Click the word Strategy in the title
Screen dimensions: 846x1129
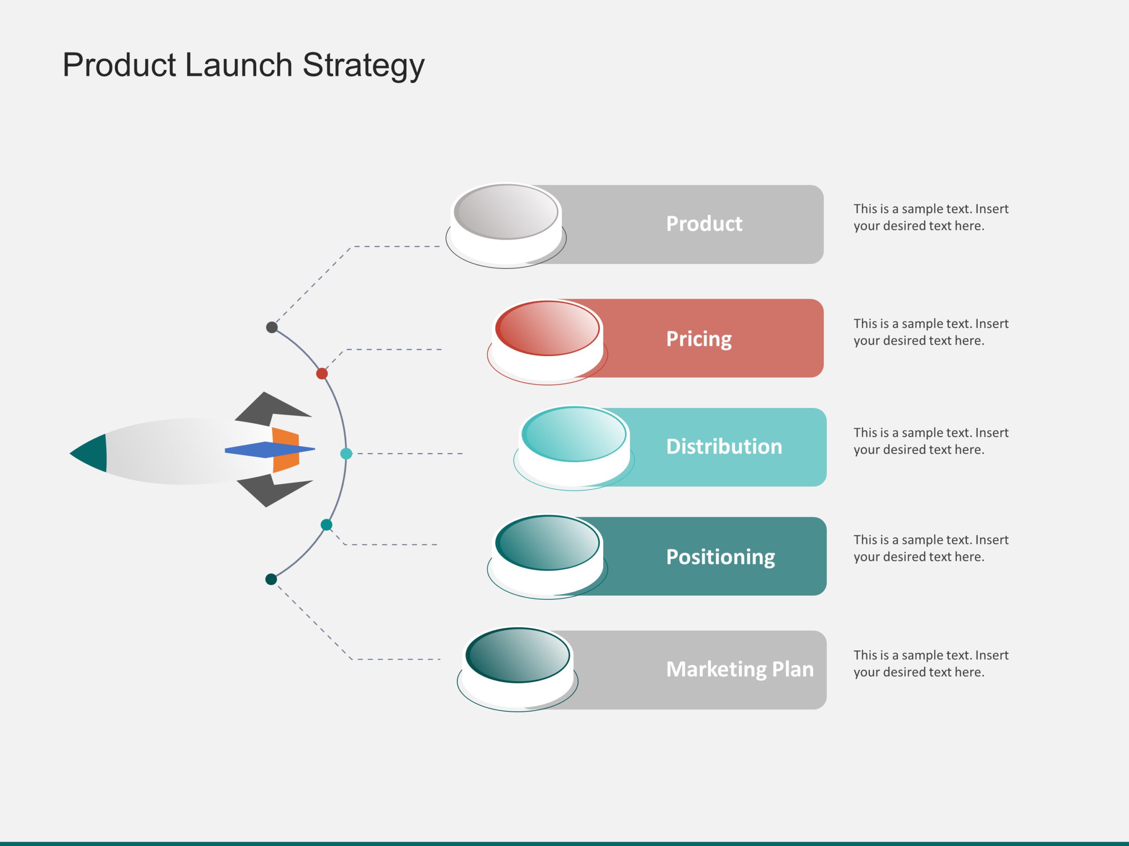click(363, 66)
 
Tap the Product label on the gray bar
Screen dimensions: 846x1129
click(704, 224)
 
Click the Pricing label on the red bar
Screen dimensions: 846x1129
click(698, 338)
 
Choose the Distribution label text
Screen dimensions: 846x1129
click(724, 447)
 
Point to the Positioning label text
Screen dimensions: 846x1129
click(720, 557)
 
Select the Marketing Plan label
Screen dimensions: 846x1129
click(740, 669)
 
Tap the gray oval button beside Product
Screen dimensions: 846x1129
click(506, 212)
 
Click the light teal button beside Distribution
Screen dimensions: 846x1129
click(574, 434)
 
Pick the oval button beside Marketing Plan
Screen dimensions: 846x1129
click(518, 655)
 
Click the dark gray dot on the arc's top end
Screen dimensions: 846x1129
click(272, 327)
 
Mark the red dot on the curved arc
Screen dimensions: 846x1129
click(322, 374)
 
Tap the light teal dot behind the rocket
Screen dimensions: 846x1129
click(346, 453)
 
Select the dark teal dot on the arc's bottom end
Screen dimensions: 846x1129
click(271, 579)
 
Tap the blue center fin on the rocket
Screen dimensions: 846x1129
click(265, 449)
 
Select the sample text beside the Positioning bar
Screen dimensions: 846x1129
click(931, 548)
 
